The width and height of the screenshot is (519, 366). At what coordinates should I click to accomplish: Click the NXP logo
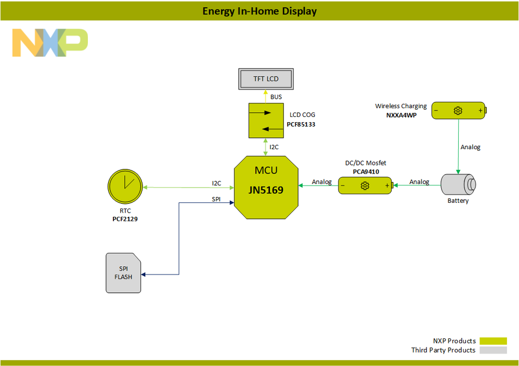(50, 43)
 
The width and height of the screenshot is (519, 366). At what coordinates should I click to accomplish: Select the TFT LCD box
(266, 79)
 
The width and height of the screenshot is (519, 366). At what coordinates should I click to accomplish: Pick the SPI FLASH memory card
(123, 273)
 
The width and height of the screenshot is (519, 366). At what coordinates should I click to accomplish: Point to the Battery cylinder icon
(458, 185)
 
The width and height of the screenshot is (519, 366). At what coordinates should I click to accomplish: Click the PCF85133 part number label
(301, 125)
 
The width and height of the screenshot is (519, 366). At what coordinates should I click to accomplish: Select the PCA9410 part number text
(366, 171)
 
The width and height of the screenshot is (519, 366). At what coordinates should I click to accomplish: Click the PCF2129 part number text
(125, 219)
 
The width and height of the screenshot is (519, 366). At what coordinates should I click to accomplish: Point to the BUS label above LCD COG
(276, 97)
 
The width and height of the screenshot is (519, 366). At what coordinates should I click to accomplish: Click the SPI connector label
(216, 199)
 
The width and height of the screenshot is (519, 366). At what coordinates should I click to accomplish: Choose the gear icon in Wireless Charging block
(458, 110)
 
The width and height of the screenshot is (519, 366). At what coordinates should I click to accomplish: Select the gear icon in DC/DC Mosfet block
(365, 186)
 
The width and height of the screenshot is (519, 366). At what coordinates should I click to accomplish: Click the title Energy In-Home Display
(259, 11)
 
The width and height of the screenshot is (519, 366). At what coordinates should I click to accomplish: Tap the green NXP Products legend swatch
(492, 341)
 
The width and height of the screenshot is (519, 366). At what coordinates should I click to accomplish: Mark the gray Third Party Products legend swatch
(492, 350)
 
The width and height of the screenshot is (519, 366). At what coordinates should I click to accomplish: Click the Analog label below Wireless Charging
(470, 147)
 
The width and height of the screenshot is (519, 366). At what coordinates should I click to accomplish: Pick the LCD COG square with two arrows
(266, 120)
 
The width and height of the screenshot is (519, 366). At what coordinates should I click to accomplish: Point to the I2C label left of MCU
(216, 183)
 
